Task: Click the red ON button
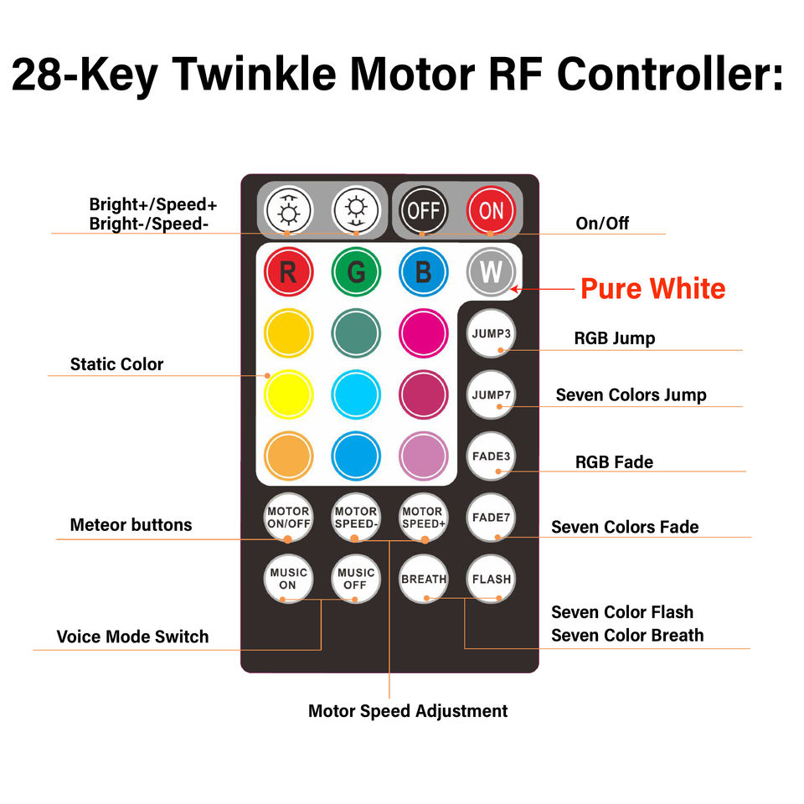click(491, 210)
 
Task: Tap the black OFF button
click(423, 210)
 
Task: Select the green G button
click(356, 271)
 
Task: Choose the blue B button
click(423, 271)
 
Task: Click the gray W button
click(491, 271)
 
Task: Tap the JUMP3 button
click(491, 333)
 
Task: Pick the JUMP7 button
click(491, 394)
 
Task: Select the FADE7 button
click(491, 518)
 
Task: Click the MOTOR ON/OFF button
click(288, 518)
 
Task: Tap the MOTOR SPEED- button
click(356, 518)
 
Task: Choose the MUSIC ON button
click(288, 579)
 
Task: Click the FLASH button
click(491, 579)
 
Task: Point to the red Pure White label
click(652, 288)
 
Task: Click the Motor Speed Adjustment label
click(408, 711)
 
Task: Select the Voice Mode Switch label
click(132, 636)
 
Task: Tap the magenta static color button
click(423, 333)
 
